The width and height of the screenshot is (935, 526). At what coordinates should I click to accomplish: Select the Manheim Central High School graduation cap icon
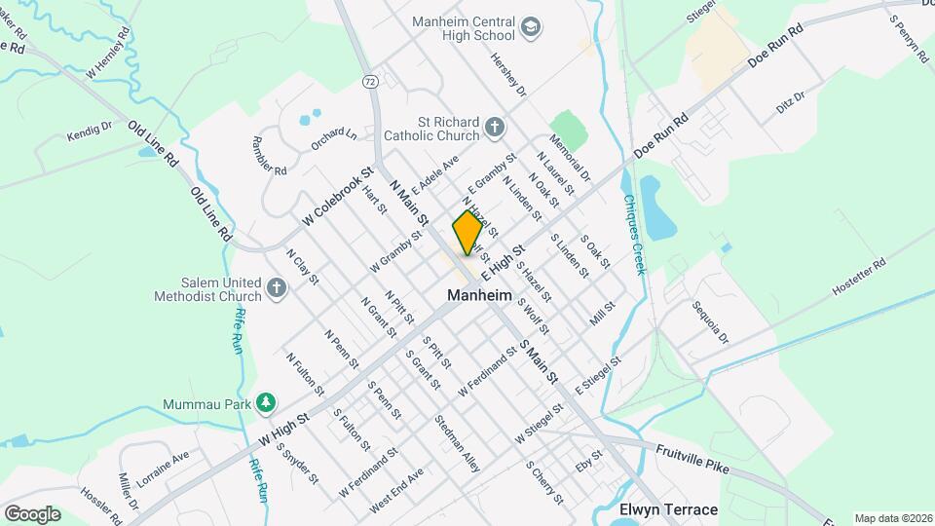(531, 26)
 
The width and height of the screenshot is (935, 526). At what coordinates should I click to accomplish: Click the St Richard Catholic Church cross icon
(495, 127)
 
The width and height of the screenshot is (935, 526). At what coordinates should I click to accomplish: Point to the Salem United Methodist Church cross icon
(278, 287)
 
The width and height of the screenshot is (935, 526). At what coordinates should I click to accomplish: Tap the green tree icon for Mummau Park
(265, 402)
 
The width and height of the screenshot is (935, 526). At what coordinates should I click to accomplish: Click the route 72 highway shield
(369, 81)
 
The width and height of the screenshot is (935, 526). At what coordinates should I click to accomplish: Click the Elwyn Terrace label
(668, 509)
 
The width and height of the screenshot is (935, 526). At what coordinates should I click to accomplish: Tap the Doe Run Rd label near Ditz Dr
(774, 47)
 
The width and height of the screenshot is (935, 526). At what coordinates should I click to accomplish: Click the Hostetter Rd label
(859, 277)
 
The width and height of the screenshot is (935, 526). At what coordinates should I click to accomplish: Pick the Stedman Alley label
(458, 443)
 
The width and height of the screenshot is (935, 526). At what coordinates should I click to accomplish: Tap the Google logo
(32, 513)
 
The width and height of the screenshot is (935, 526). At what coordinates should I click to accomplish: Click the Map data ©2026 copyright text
(892, 518)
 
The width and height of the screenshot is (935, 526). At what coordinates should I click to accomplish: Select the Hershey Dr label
(508, 75)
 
